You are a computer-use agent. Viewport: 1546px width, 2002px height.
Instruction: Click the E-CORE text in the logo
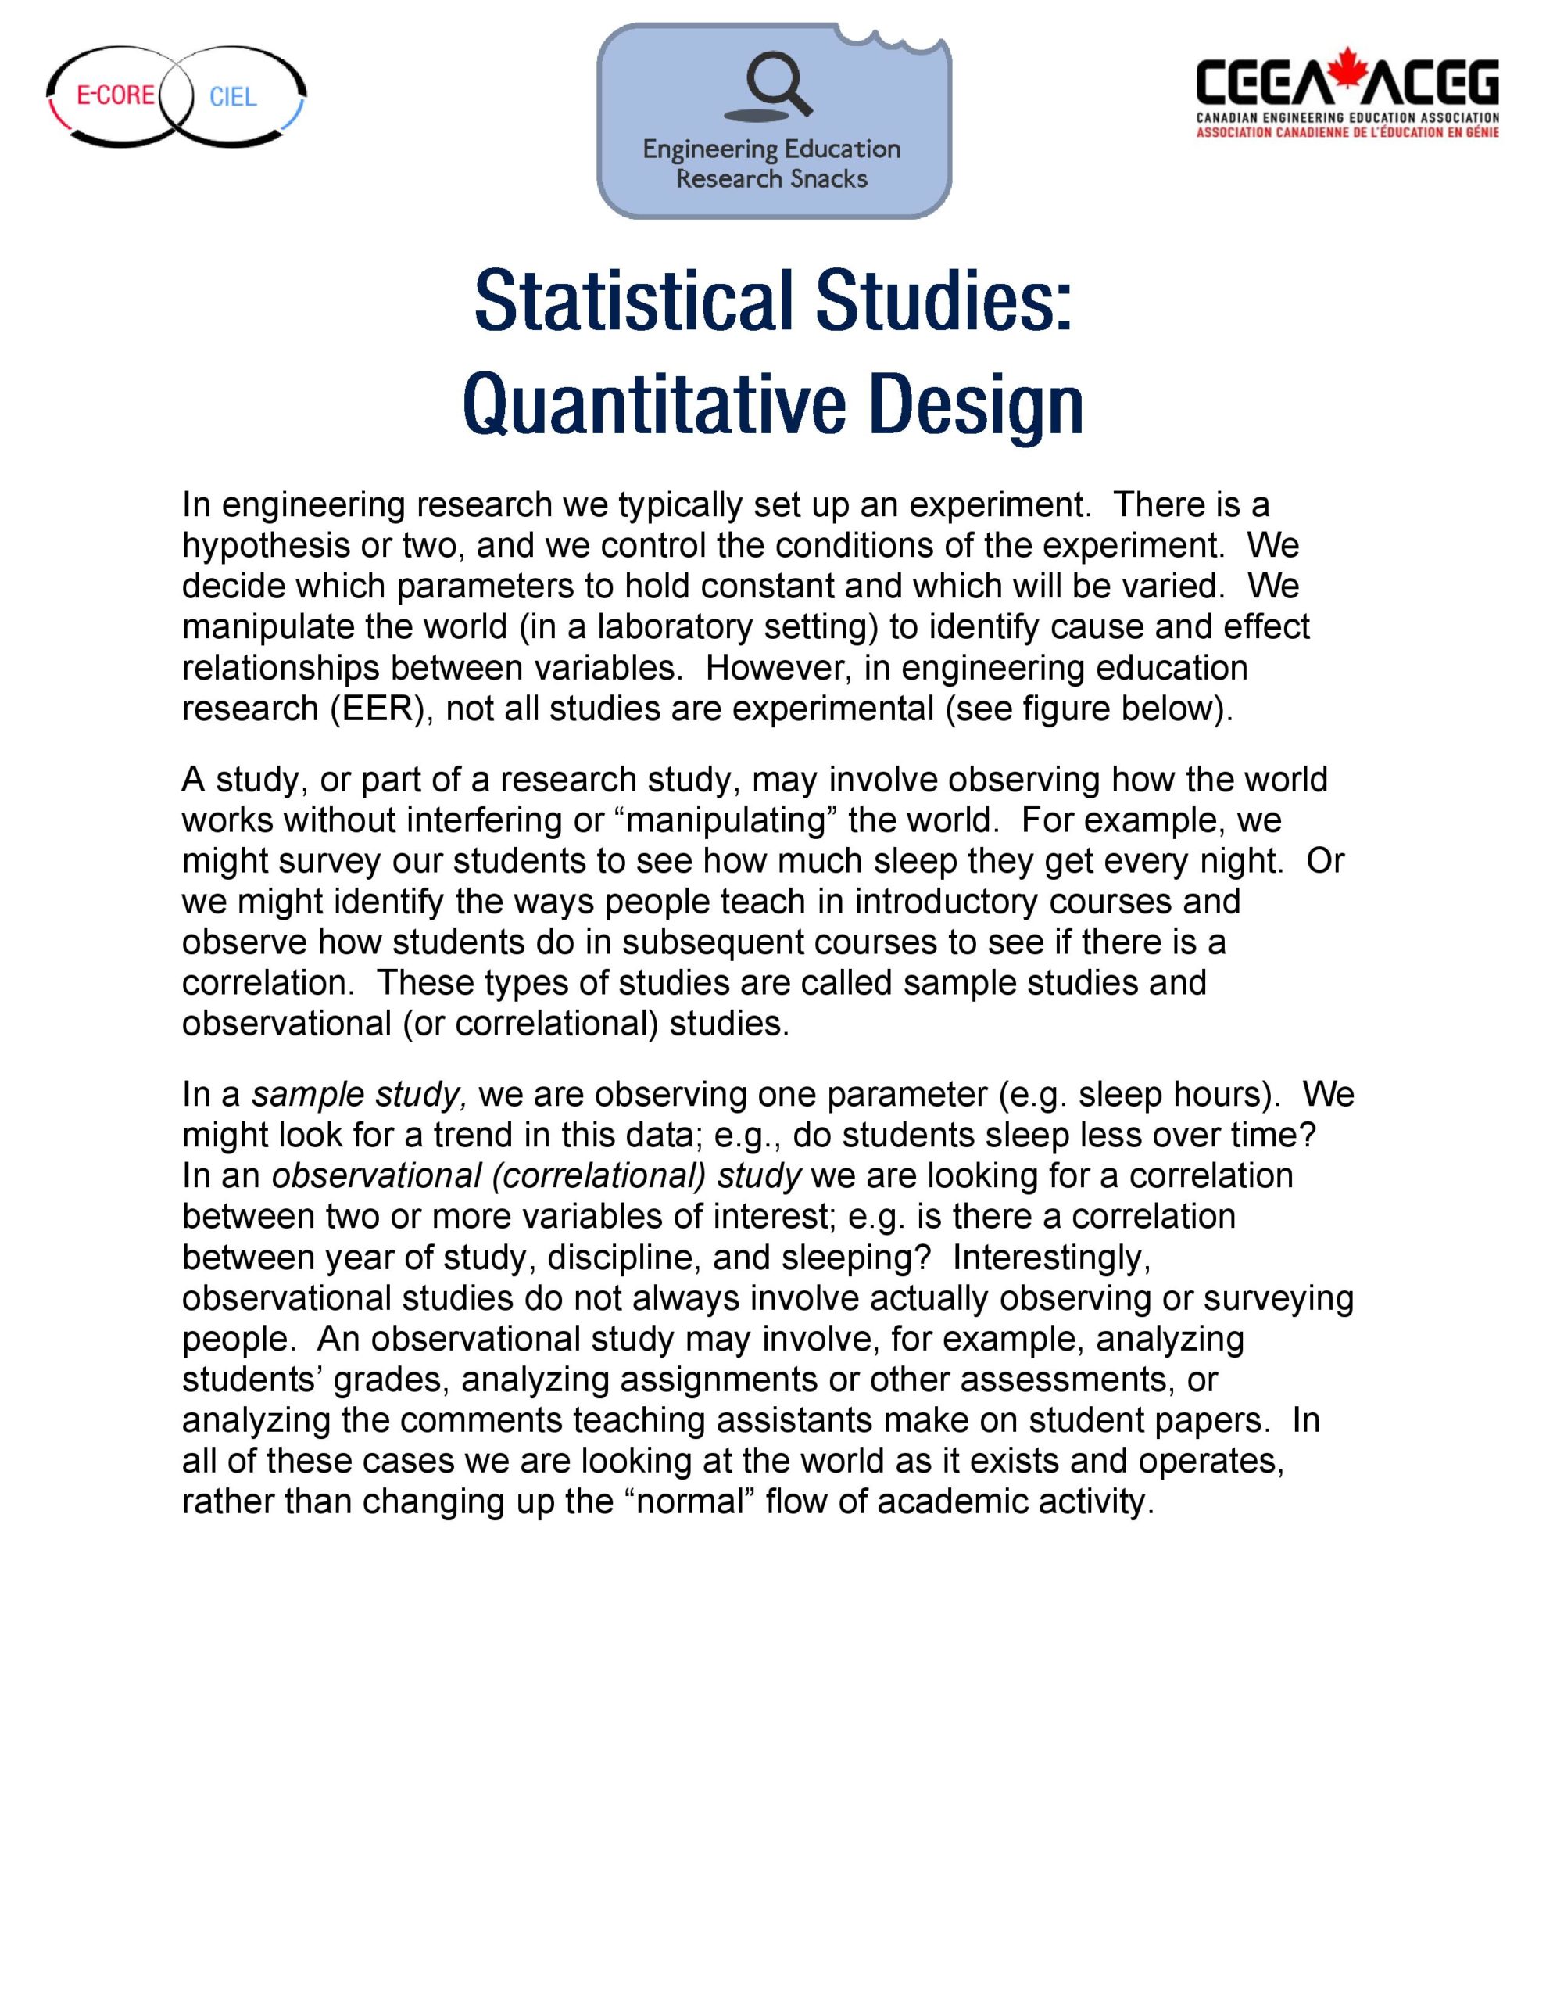(115, 95)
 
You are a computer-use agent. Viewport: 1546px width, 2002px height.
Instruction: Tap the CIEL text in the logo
(233, 97)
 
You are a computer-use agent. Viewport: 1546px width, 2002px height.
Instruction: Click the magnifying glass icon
(778, 84)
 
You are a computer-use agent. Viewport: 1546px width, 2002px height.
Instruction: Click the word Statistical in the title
(632, 302)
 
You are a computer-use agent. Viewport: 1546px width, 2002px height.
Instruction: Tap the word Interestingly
(1050, 1257)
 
